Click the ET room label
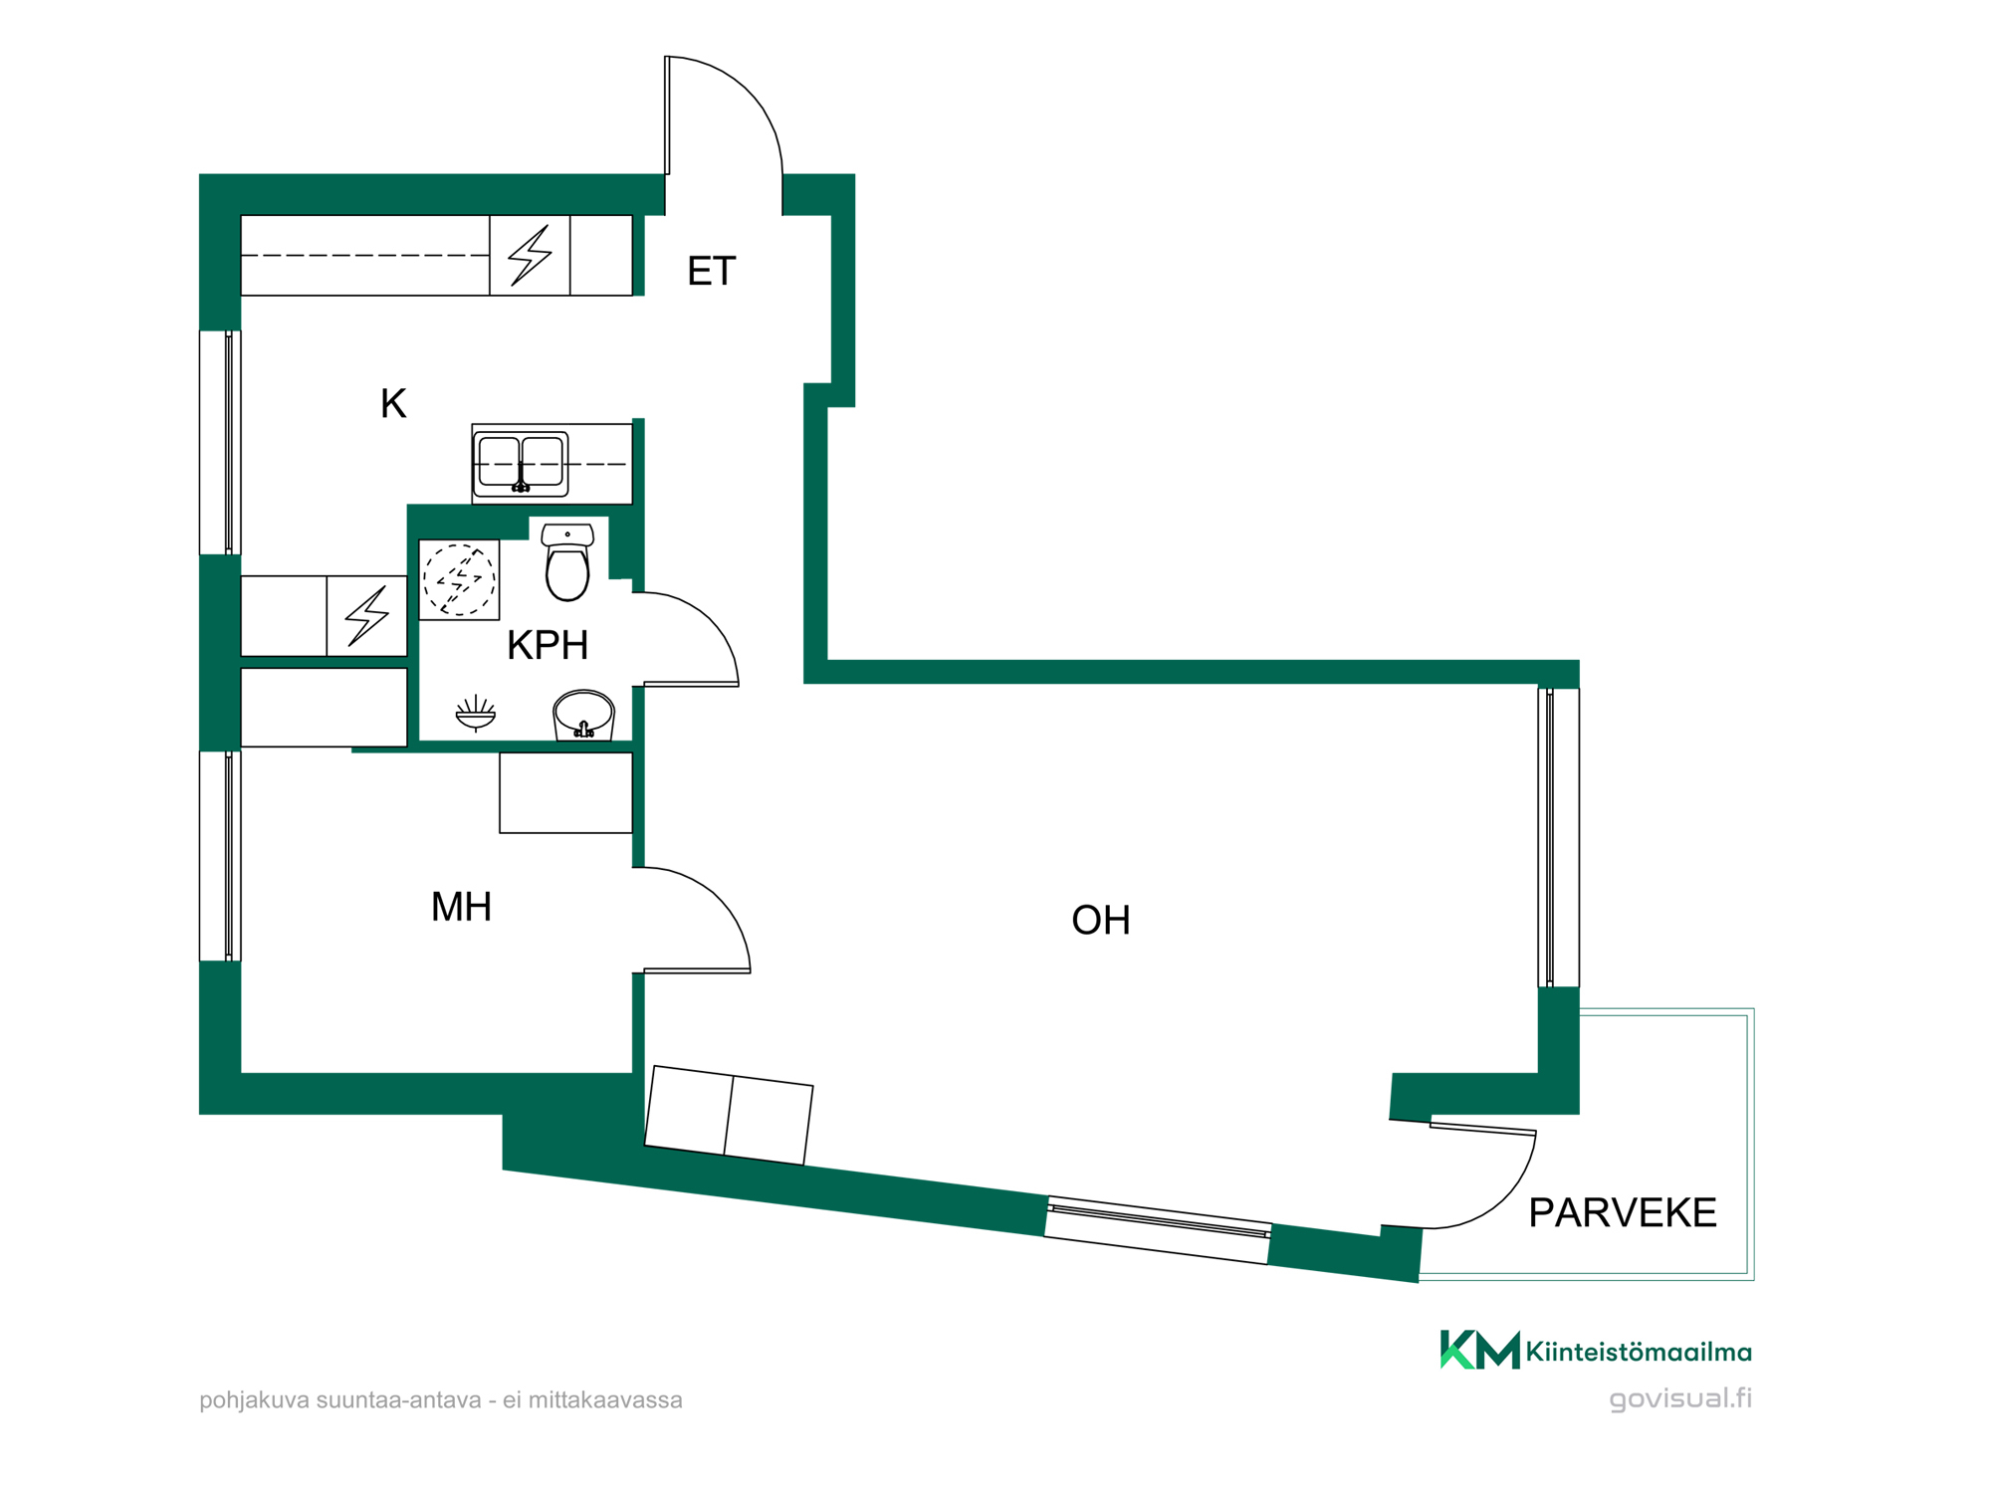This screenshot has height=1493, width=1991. coord(711,271)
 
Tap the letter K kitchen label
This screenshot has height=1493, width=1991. coord(393,404)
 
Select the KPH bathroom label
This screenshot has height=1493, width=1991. coord(548,645)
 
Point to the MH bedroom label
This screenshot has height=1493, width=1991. coord(461,907)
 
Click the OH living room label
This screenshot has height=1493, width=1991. coord(1101,920)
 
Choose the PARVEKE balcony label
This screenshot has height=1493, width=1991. coord(1623,1212)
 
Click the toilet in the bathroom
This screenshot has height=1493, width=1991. coord(567,562)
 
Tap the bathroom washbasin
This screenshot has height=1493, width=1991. coord(583,715)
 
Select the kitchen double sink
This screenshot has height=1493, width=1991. coord(521,464)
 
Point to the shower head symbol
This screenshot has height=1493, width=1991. coord(476,713)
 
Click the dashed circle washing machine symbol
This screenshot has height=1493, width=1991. coord(459,579)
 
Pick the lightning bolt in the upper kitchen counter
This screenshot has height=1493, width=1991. coord(530,255)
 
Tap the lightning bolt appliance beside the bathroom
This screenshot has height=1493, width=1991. coord(366,616)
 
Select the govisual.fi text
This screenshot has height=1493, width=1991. coord(1680,1398)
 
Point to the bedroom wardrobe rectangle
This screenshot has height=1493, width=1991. coord(565,792)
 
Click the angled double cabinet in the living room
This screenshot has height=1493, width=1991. coord(729,1115)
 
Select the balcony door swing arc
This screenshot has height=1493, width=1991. coord(1502,1200)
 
